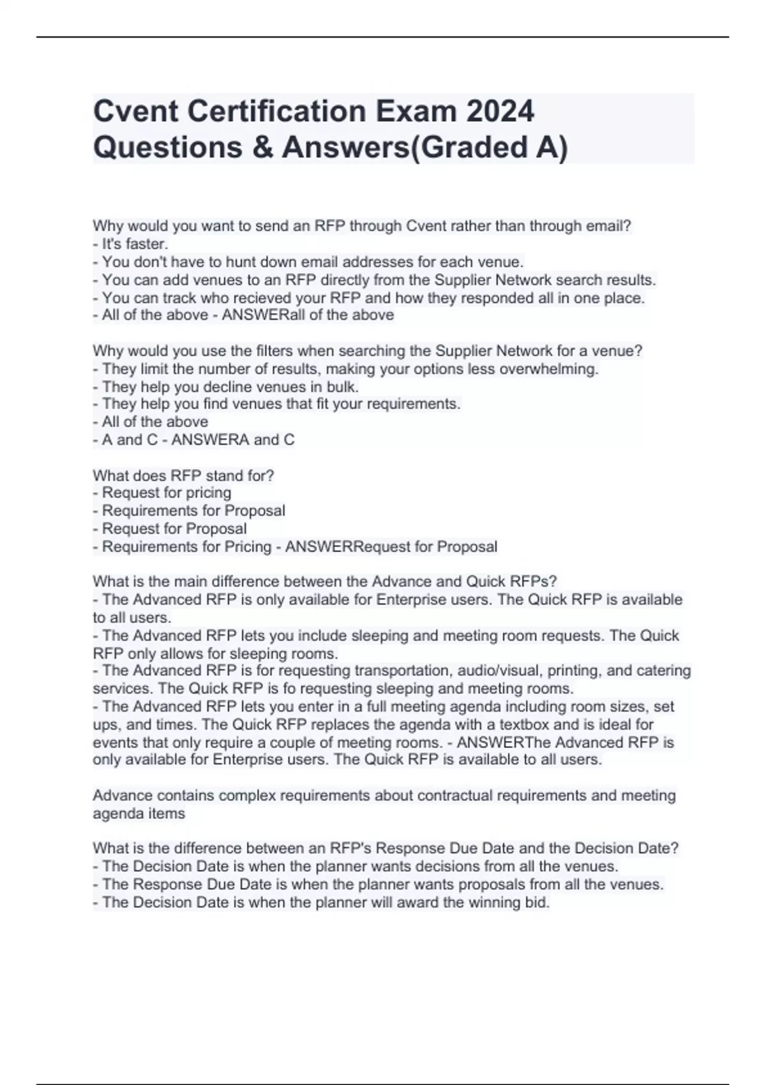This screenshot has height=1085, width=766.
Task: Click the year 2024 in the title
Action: pyautogui.click(x=500, y=112)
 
